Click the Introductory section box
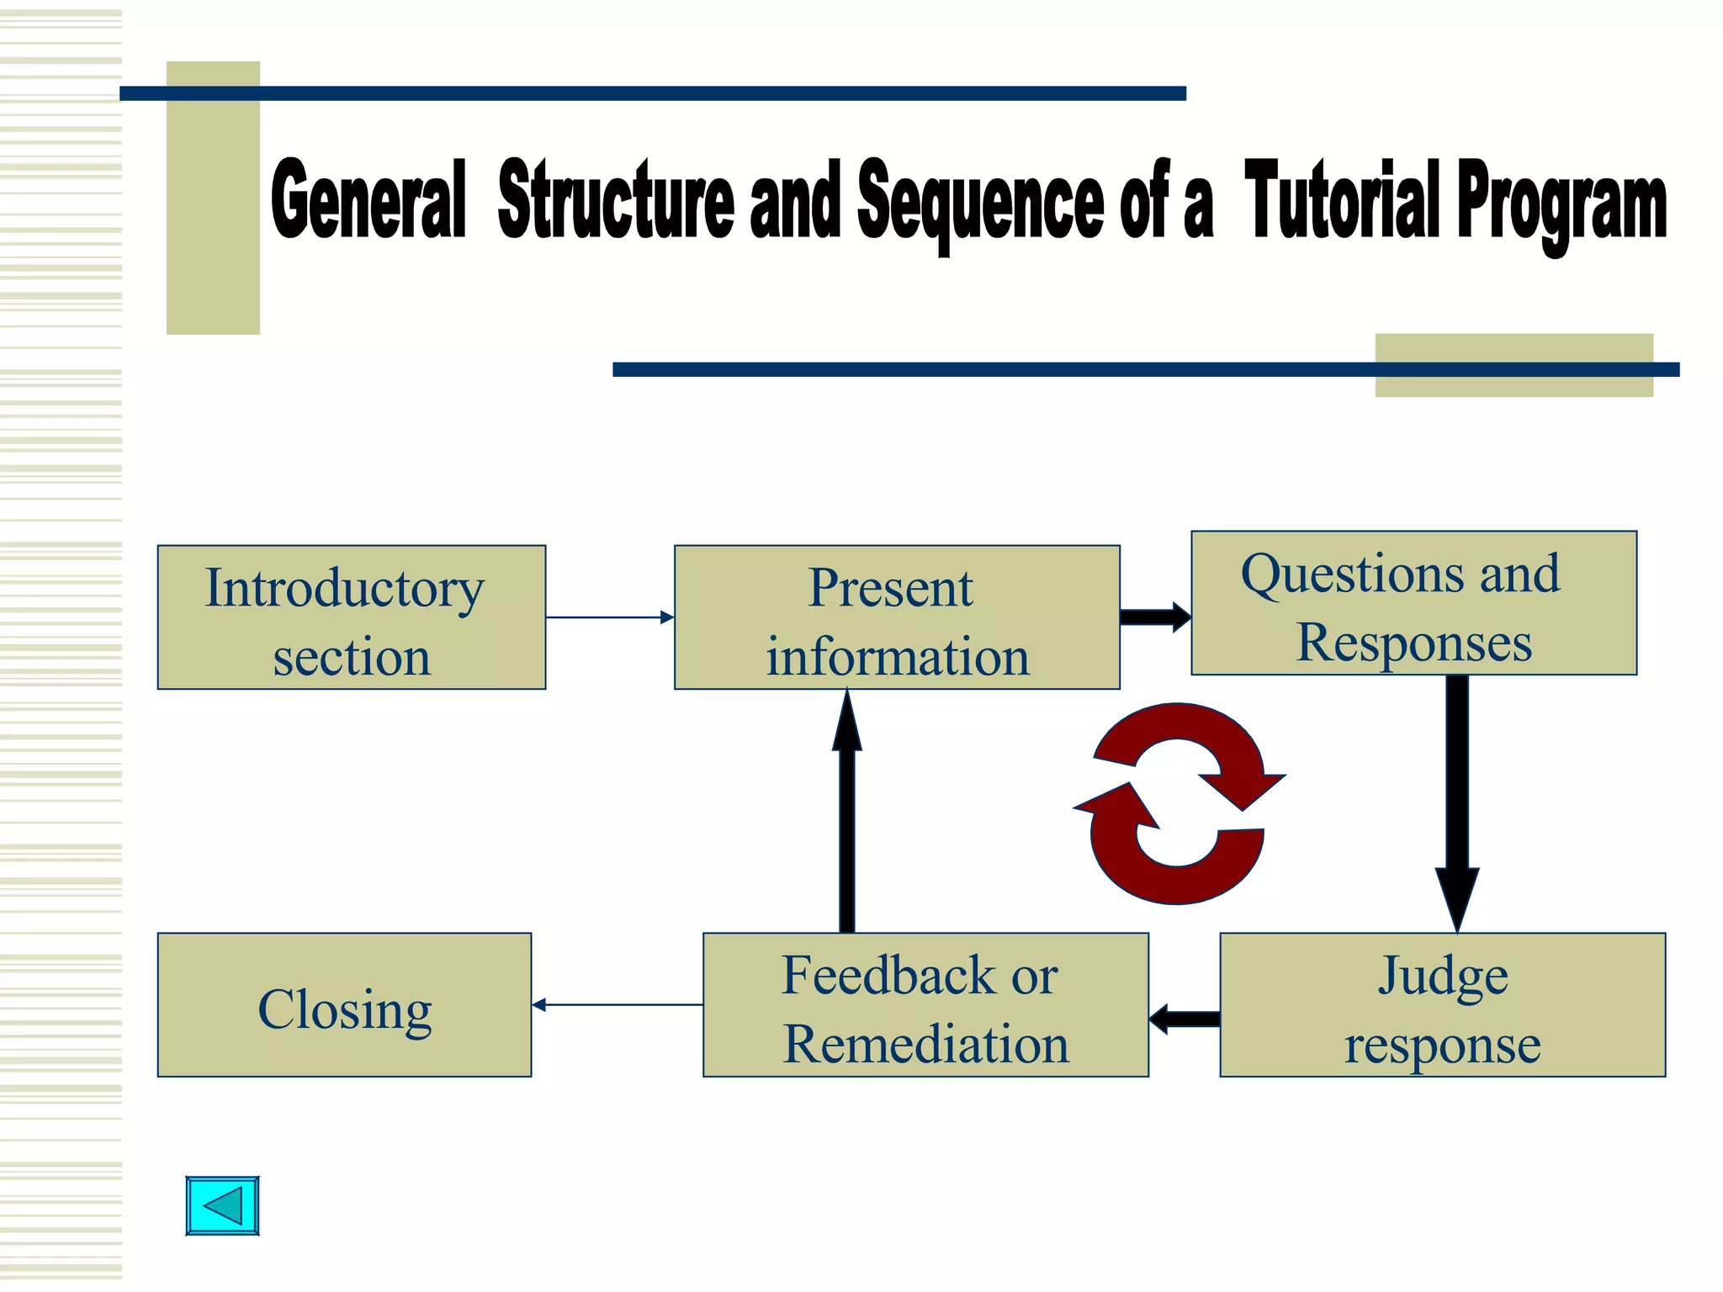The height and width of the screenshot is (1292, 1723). coord(351,617)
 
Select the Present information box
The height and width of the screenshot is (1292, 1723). coord(897,617)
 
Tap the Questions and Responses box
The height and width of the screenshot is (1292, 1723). coord(1413,603)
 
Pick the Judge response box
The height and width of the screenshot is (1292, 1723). coord(1442,1004)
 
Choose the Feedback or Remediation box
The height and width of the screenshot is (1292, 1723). coord(925,1004)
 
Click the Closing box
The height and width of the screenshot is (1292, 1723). coord(344,1004)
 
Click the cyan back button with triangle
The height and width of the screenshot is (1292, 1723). coord(222,1205)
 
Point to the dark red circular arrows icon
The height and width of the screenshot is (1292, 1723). coord(1178,803)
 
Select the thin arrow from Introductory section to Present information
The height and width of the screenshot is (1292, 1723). coord(610,617)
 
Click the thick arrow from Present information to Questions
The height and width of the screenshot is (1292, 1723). coord(1155,617)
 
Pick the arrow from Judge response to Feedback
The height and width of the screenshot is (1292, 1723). coord(1185,1019)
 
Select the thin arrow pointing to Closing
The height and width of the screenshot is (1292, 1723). coord(617,1004)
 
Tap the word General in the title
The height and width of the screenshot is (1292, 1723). coord(368,200)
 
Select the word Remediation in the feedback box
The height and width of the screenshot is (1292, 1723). coord(925,1044)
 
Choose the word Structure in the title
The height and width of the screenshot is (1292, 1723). coord(616,200)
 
